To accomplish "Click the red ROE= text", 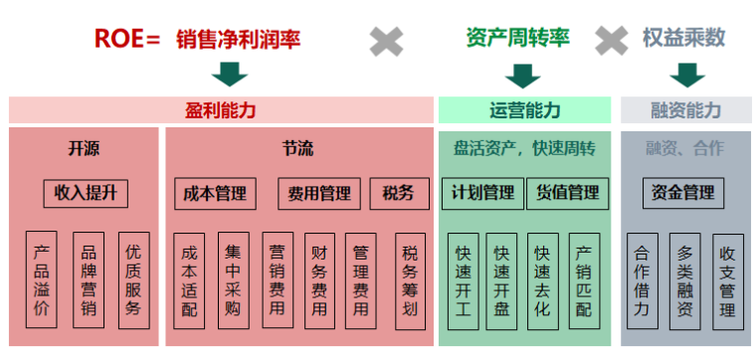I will (126, 39).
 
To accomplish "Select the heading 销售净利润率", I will (238, 39).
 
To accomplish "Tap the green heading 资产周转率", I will (517, 38).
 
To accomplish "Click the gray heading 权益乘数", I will (683, 38).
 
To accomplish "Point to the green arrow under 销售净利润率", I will (230, 74).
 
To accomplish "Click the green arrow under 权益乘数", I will (686, 75).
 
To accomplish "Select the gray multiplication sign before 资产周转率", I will (387, 41).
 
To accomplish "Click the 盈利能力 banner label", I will (221, 110).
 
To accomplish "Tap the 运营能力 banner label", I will (524, 110).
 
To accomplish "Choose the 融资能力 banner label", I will (685, 110).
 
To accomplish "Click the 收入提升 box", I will (86, 193).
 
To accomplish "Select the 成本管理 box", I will (215, 193).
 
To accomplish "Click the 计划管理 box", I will (482, 193).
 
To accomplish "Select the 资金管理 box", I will (683, 193).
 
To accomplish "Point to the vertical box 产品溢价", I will (41, 281).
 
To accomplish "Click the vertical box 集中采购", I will (234, 281).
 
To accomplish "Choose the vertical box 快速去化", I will (542, 281).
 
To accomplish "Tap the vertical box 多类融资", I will (684, 281).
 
